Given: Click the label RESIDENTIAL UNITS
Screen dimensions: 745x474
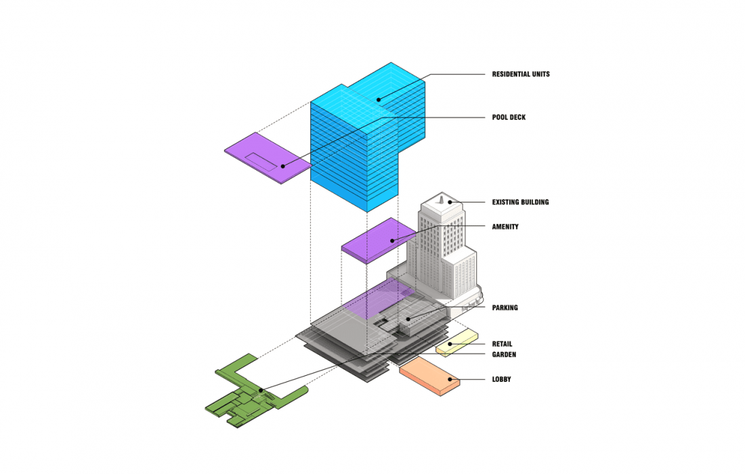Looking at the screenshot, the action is (521, 74).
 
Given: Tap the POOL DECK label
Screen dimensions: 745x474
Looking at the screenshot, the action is (509, 117).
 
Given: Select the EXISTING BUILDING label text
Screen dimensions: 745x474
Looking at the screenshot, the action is (520, 202).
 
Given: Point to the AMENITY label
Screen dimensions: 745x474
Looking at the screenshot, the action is (505, 227).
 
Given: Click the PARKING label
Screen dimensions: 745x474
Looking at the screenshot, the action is (505, 308).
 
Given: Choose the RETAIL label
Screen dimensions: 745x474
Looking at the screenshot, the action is (502, 344).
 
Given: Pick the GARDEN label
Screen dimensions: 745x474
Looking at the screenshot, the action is (504, 354).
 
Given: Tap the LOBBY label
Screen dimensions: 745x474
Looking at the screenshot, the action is (501, 379).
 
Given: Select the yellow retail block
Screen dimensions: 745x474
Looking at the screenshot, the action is (456, 343).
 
